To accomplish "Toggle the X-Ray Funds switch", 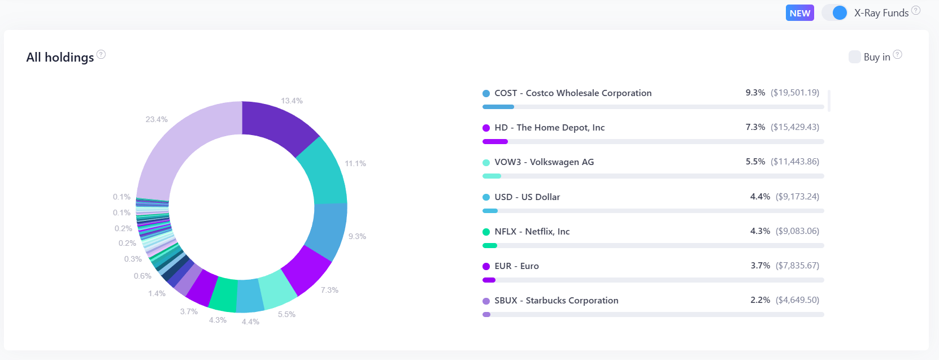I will point(835,12).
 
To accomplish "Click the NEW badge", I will point(799,13).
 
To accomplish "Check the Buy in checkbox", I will point(854,57).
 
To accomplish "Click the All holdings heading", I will point(60,57).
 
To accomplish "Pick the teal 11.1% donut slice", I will point(325,172).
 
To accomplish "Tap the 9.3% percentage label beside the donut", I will point(357,236).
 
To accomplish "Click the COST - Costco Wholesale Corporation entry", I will point(572,93).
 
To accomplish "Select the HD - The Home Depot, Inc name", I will point(549,127).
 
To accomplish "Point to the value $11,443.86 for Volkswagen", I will point(794,162).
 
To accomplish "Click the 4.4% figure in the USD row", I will point(760,197).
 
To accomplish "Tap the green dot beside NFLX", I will point(486,232).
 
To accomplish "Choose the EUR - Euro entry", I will point(516,266).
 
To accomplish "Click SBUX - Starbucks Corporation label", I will point(556,300).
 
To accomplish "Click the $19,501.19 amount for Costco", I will point(794,93).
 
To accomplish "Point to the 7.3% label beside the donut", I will point(329,290).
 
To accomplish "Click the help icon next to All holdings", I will point(101,54).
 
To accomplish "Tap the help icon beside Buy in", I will point(897,54).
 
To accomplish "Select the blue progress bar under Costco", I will point(498,107).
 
